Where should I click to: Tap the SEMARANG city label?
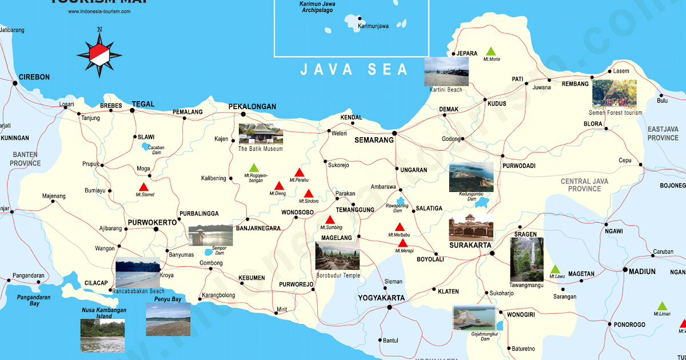[374, 140]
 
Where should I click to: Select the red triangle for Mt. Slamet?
[143, 187]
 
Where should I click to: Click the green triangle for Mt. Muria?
[490, 51]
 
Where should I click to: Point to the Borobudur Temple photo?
[337, 255]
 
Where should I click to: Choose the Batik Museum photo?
[261, 134]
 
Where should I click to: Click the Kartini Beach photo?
[446, 71]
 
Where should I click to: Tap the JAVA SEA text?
[354, 70]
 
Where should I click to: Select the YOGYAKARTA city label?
[381, 298]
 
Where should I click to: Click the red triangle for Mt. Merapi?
[402, 243]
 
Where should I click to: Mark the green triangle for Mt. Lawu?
[555, 269]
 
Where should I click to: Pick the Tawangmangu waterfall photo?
[527, 259]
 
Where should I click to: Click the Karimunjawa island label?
[373, 26]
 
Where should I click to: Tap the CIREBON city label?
[34, 77]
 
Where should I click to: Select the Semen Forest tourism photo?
[614, 94]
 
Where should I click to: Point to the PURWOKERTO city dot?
[156, 229]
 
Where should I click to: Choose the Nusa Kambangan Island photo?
[102, 335]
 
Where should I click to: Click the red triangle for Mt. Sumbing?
[330, 220]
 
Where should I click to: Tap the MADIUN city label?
[642, 271]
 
